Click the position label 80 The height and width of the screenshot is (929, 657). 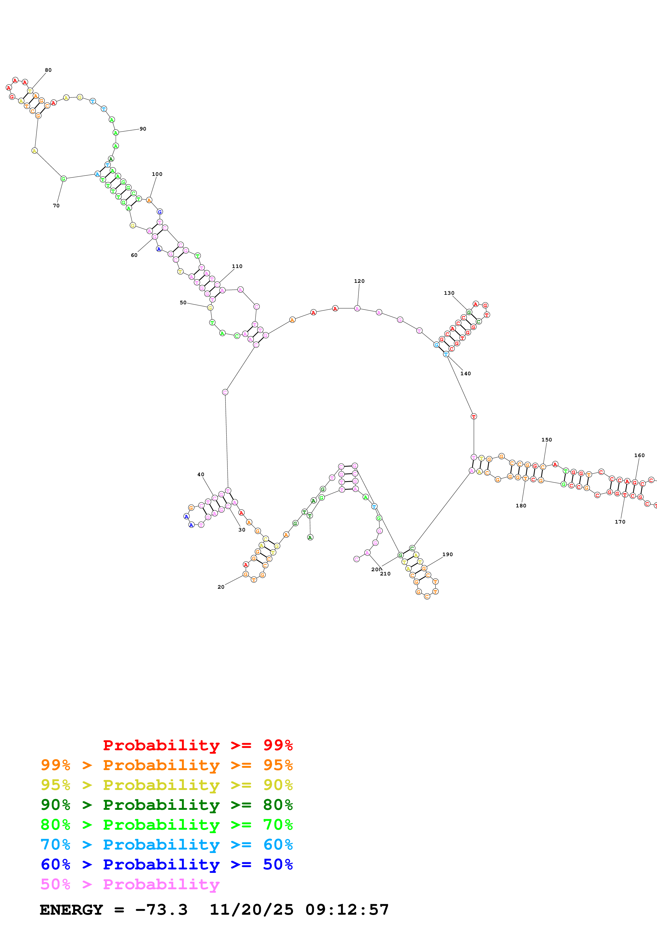[48, 70]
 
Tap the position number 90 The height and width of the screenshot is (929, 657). [143, 129]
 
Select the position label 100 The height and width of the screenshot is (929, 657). [157, 174]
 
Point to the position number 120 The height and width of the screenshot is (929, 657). [359, 281]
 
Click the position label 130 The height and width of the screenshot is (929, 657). [449, 293]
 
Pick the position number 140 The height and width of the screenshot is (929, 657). [466, 373]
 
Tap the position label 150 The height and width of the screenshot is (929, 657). [546, 439]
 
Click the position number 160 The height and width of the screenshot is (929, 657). [639, 455]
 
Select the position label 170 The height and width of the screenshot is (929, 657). [620, 521]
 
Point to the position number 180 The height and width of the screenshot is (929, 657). [521, 505]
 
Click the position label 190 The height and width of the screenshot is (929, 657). [447, 554]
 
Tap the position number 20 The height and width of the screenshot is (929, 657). [221, 587]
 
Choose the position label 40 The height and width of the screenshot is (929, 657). [201, 474]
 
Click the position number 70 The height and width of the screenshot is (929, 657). [56, 206]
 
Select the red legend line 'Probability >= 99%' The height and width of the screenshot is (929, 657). [197, 745]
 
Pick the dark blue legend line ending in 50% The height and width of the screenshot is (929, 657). [167, 864]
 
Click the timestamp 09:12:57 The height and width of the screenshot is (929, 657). [347, 910]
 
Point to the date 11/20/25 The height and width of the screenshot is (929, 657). [252, 910]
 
